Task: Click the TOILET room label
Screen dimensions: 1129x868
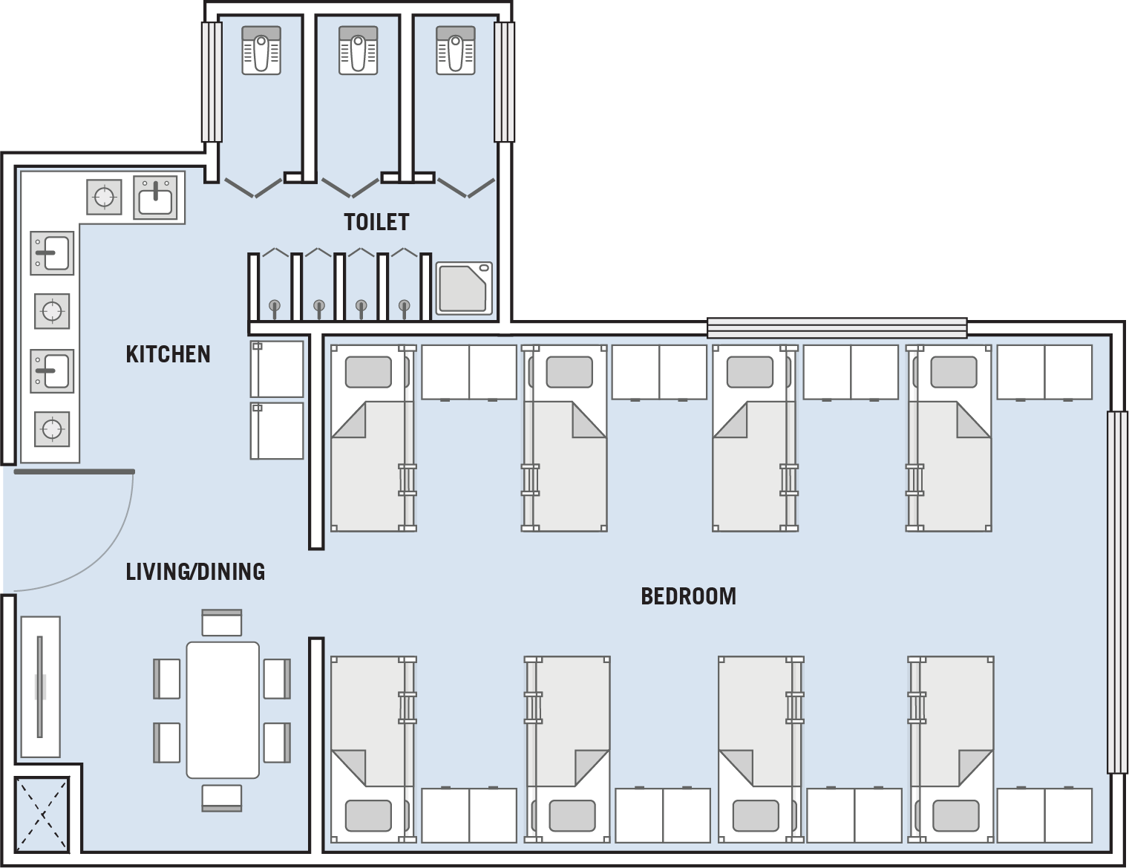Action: point(376,222)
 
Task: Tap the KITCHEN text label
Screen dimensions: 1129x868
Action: point(168,354)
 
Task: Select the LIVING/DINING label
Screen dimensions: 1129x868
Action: point(195,571)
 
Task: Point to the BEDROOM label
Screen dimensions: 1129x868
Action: point(688,596)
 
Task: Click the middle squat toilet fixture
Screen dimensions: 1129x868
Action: point(359,50)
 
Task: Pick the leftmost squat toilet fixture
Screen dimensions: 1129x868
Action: point(261,50)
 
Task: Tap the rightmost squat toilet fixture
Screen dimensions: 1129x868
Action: point(456,50)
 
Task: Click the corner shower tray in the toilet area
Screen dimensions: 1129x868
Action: point(463,288)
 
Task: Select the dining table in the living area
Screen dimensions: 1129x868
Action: point(223,710)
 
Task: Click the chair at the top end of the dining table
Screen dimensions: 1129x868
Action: point(222,623)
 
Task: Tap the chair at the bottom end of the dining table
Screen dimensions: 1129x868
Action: point(222,797)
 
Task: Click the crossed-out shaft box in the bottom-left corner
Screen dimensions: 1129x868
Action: point(42,815)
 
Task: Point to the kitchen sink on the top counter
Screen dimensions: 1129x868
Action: point(155,198)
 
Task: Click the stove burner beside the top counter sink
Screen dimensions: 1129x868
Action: point(104,197)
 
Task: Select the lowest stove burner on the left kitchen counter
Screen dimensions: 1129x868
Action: point(52,429)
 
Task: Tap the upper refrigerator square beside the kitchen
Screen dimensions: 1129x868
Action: point(277,369)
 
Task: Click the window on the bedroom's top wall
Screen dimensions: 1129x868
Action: point(837,328)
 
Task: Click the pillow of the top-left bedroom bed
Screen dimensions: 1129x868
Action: point(368,371)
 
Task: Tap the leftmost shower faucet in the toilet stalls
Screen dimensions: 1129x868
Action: point(275,308)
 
